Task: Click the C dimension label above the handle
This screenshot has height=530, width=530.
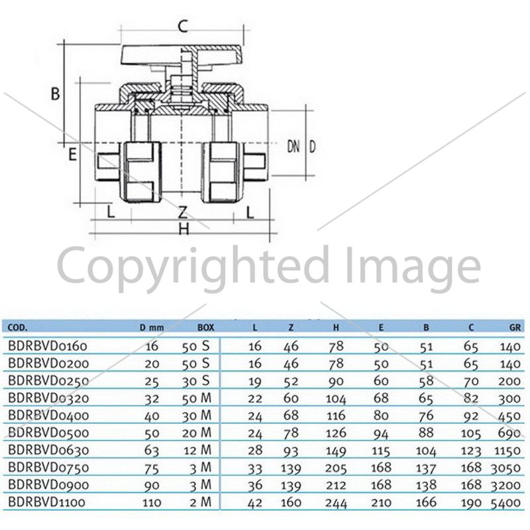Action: (x=183, y=26)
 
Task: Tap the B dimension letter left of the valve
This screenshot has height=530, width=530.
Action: (x=55, y=93)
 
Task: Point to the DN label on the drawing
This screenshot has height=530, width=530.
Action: (x=293, y=146)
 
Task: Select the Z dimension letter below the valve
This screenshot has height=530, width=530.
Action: (x=183, y=212)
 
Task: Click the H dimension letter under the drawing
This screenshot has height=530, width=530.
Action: (x=184, y=229)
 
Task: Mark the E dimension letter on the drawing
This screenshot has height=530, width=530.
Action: (x=72, y=154)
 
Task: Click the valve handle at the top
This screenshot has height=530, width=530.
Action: (x=182, y=55)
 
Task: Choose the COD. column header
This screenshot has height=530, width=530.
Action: (x=18, y=327)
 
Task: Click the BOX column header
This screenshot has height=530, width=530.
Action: (x=206, y=327)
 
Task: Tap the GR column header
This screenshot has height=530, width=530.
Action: (x=515, y=327)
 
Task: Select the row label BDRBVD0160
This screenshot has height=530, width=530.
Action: (x=48, y=346)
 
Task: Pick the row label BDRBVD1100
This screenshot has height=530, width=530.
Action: (x=46, y=502)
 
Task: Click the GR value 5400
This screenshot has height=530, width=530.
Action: (x=505, y=503)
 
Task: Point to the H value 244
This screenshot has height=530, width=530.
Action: (x=336, y=503)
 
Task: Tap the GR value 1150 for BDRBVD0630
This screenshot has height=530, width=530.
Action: (x=507, y=451)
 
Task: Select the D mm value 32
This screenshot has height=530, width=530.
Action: (x=152, y=399)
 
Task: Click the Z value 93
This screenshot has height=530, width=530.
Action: (x=291, y=451)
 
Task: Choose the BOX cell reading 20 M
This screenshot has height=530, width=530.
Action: (x=197, y=433)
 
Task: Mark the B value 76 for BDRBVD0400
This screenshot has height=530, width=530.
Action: (x=426, y=417)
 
